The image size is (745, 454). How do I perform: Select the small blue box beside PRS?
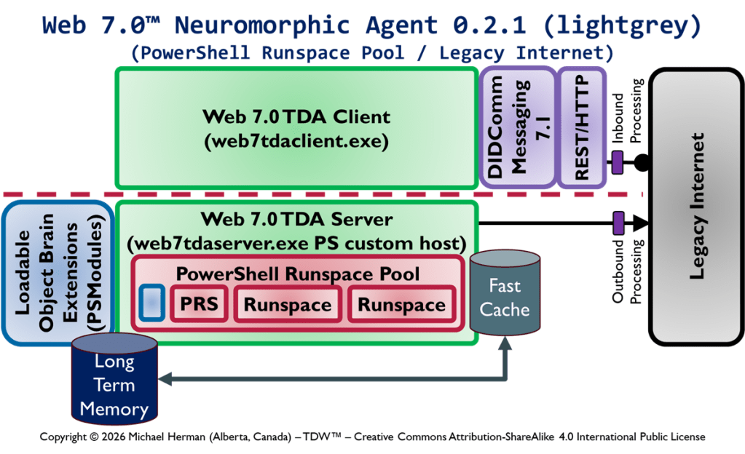[151, 303]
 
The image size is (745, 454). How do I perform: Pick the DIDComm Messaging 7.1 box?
[515, 128]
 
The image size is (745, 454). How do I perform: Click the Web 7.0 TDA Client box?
[296, 128]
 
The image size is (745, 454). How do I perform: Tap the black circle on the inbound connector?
[642, 162]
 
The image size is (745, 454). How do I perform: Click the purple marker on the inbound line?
[617, 162]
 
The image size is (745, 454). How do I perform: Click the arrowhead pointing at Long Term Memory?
[165, 378]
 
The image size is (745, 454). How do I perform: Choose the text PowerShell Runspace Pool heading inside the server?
[298, 274]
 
